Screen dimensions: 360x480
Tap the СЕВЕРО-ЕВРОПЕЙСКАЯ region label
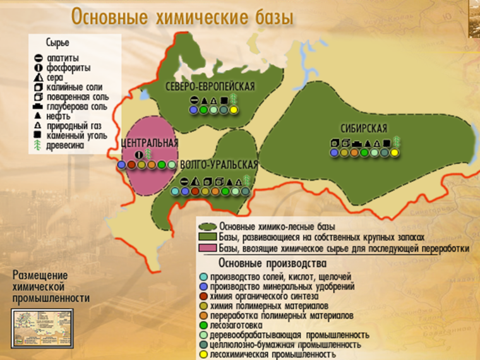(x=211, y=87)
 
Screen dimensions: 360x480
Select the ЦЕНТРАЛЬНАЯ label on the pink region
(x=149, y=142)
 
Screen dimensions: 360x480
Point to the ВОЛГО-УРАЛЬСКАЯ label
(x=219, y=165)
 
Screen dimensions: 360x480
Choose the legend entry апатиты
(x=62, y=58)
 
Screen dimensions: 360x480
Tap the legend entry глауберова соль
(x=76, y=107)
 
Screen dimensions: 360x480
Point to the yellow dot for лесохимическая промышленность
(x=203, y=355)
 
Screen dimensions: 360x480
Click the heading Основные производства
(x=272, y=263)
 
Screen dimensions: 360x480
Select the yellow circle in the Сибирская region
(x=395, y=152)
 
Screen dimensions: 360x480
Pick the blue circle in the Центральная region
(x=121, y=165)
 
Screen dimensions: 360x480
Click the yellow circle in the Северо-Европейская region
(x=233, y=111)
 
